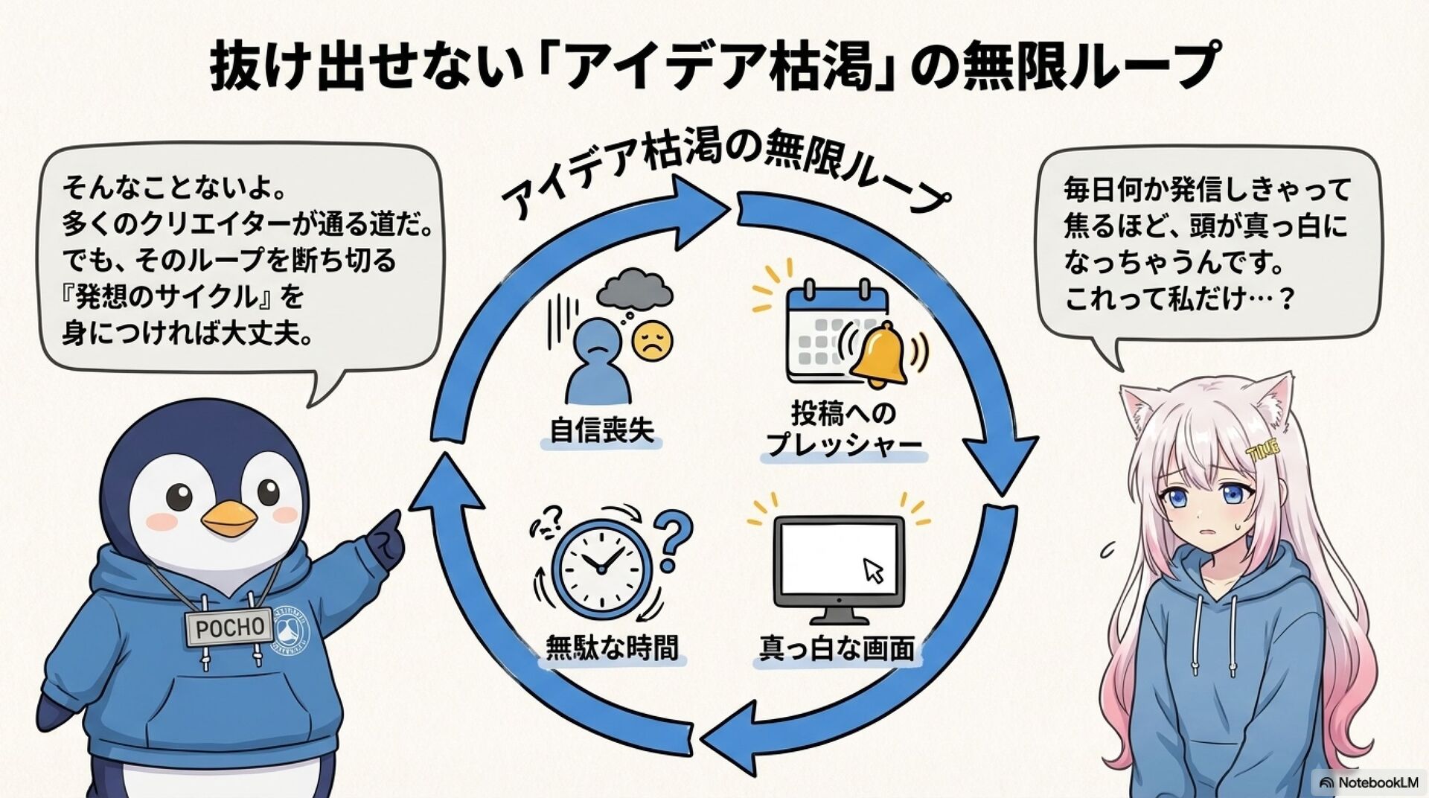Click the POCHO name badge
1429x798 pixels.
(x=229, y=627)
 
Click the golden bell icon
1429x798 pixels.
(x=878, y=355)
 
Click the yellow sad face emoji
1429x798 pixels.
(x=652, y=342)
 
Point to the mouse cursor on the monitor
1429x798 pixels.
(x=873, y=570)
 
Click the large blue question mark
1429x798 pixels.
(x=675, y=537)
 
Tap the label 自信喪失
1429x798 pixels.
(x=601, y=431)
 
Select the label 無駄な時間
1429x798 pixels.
(x=612, y=648)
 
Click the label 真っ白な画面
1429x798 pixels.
(x=837, y=648)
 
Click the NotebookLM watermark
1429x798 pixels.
(x=1368, y=782)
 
